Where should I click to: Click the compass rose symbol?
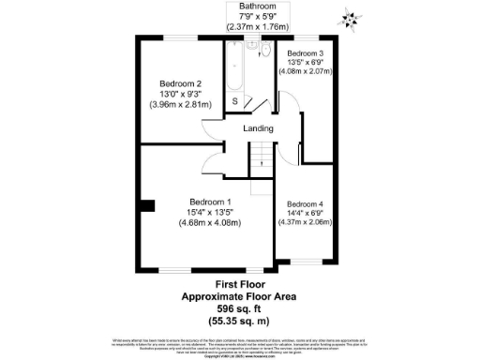(x=352, y=16)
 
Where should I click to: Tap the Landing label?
(x=259, y=128)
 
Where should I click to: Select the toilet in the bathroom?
(x=265, y=52)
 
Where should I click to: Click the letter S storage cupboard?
(x=234, y=101)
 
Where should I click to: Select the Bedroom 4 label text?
(x=306, y=204)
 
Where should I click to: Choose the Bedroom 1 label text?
(x=210, y=202)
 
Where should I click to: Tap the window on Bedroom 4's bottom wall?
(x=306, y=261)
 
